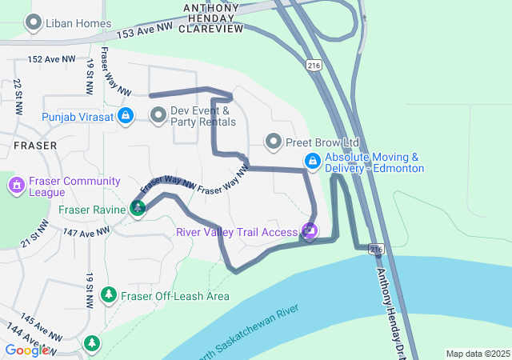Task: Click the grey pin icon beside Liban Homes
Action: point(34,23)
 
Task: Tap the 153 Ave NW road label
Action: point(144,30)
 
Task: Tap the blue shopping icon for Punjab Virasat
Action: point(126,117)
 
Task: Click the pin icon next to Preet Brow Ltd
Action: point(274,142)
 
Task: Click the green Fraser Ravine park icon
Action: point(138,209)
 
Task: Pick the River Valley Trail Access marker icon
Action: point(309,232)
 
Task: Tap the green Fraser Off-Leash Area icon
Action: point(109,296)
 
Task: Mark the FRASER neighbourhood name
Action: point(35,146)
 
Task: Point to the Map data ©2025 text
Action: point(477,354)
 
